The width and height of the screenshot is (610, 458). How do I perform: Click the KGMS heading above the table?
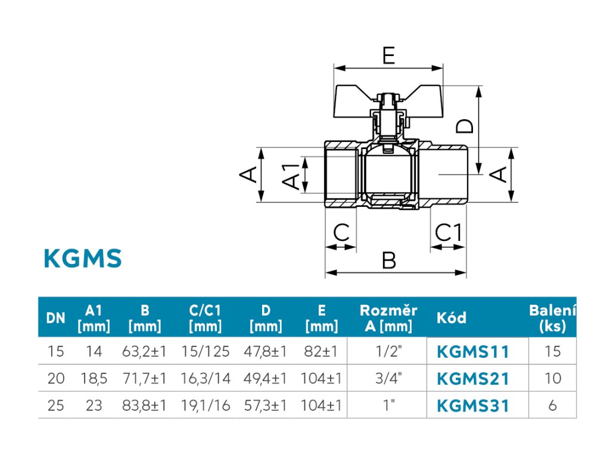tap(83, 258)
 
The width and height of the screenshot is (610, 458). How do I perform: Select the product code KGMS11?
tap(472, 352)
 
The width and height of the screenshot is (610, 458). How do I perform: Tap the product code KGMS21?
tap(472, 379)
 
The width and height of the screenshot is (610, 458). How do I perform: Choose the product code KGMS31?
tap(472, 406)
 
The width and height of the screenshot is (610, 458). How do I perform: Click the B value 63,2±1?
tap(144, 351)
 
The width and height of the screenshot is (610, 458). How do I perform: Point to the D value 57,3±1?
tap(265, 406)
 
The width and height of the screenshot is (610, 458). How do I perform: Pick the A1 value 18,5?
tap(94, 378)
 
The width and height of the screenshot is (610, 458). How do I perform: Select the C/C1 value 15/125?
tap(206, 351)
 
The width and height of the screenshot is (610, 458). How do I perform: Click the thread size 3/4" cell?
tap(388, 377)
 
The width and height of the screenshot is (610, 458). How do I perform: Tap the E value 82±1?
tap(321, 351)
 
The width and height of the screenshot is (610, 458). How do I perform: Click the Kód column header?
tap(452, 318)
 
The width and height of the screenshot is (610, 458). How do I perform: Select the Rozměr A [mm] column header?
tap(388, 318)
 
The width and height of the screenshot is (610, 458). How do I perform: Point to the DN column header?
tap(55, 318)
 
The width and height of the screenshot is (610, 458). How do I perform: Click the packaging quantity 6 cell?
tap(552, 406)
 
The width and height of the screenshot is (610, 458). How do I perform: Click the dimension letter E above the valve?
tap(388, 55)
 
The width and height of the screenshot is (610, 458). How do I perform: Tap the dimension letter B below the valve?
tap(388, 260)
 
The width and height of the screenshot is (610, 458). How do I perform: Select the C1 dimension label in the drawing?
tap(448, 233)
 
